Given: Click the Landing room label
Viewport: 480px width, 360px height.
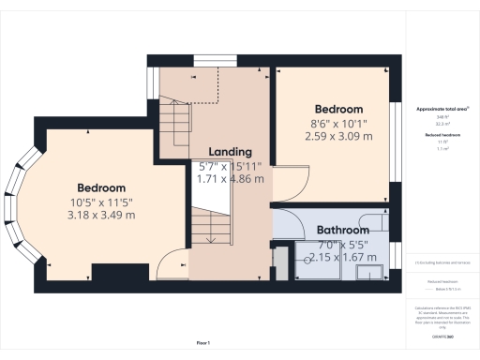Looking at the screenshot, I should click(x=230, y=152).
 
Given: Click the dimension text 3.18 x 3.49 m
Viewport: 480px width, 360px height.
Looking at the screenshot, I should click(x=101, y=215).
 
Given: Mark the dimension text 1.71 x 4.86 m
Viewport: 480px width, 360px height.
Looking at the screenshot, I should click(x=231, y=178).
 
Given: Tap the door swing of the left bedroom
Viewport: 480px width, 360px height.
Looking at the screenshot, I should click(x=172, y=265).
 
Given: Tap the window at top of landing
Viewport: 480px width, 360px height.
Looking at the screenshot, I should click(x=208, y=62).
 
